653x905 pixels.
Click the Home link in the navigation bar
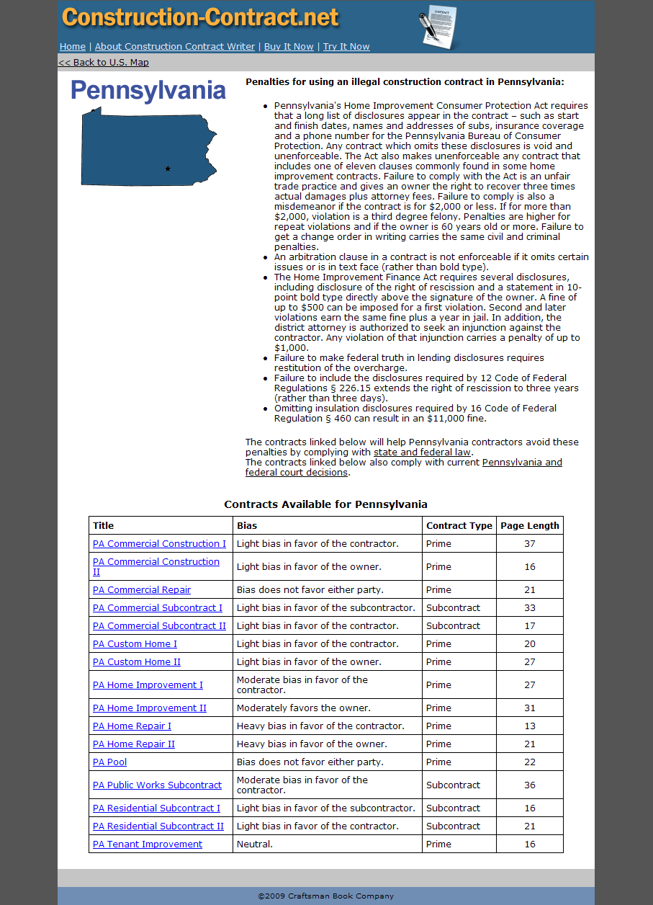coord(72,47)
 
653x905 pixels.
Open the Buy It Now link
coord(289,47)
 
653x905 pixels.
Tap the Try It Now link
coord(346,47)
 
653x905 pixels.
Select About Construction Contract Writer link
coord(175,47)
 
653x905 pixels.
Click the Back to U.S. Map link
coord(104,63)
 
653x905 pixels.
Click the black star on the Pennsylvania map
coord(168,169)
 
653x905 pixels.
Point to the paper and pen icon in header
coord(438,27)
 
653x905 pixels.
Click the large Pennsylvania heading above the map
coord(148,91)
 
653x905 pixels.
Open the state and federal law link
coord(422,452)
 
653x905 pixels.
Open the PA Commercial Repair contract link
coord(142,590)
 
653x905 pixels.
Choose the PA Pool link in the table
coord(109,762)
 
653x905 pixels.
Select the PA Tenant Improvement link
coord(148,844)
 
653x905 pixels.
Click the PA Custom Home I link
coord(135,644)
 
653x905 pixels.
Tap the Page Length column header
coord(530,526)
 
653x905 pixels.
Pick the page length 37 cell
coord(530,544)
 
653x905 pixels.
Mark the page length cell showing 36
coord(530,785)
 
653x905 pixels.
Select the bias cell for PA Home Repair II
coord(312,744)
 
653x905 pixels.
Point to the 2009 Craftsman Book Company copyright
coord(326,896)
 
